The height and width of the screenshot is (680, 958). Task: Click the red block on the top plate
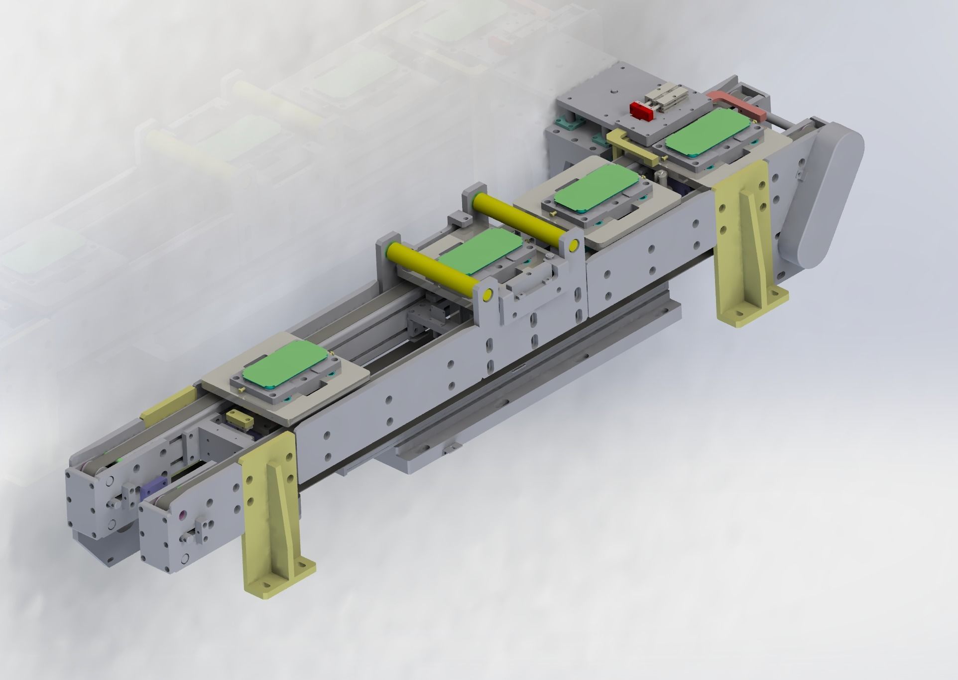coord(641,110)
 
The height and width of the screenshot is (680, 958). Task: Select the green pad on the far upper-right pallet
coord(707,132)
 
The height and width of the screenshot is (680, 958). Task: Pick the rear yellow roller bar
coord(524,219)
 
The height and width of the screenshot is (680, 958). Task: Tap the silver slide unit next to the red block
coord(667,102)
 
